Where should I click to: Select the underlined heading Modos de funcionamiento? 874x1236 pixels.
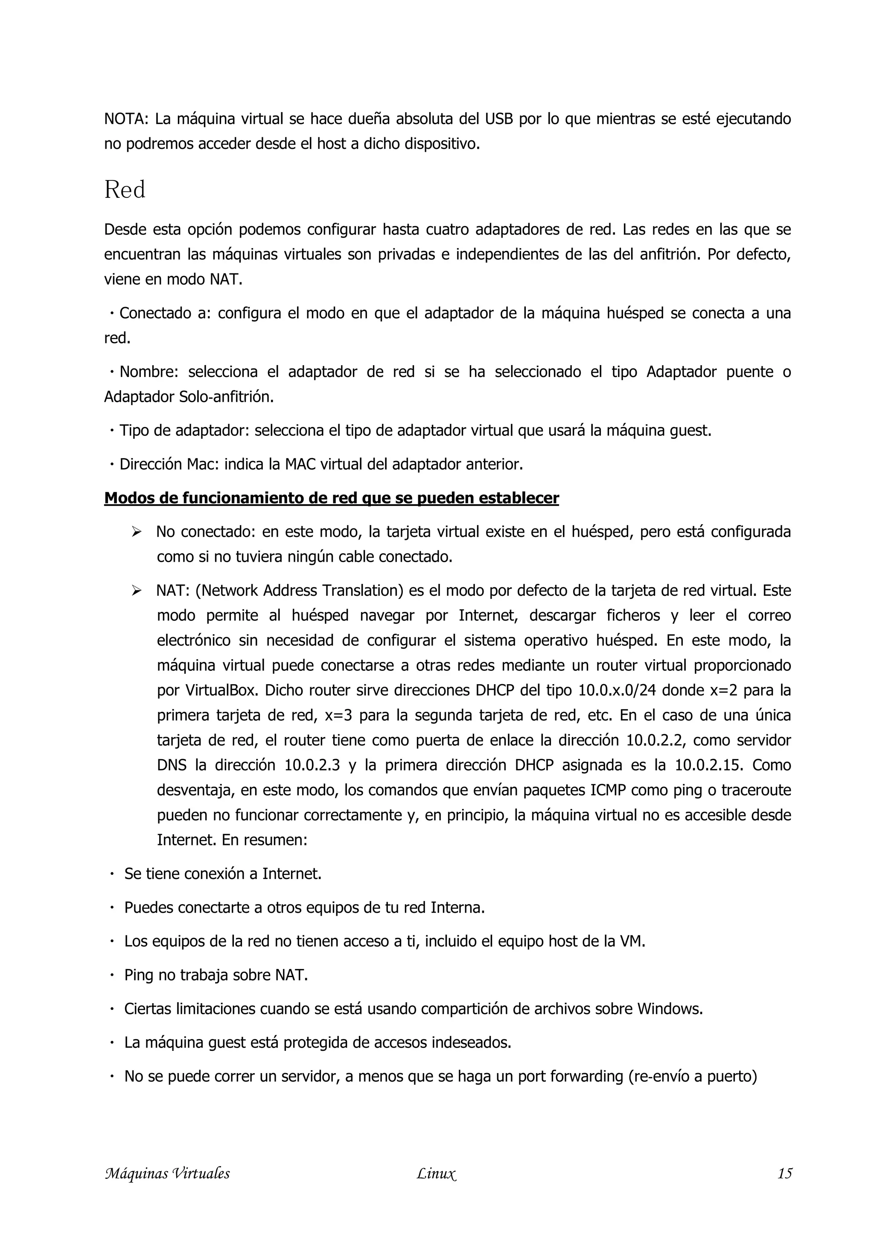tap(331, 498)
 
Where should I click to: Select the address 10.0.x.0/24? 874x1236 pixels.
tap(615, 690)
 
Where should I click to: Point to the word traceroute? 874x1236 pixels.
tap(756, 790)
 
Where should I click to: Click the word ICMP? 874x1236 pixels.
tap(609, 790)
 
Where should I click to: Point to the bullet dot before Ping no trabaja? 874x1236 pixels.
tap(112, 975)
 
